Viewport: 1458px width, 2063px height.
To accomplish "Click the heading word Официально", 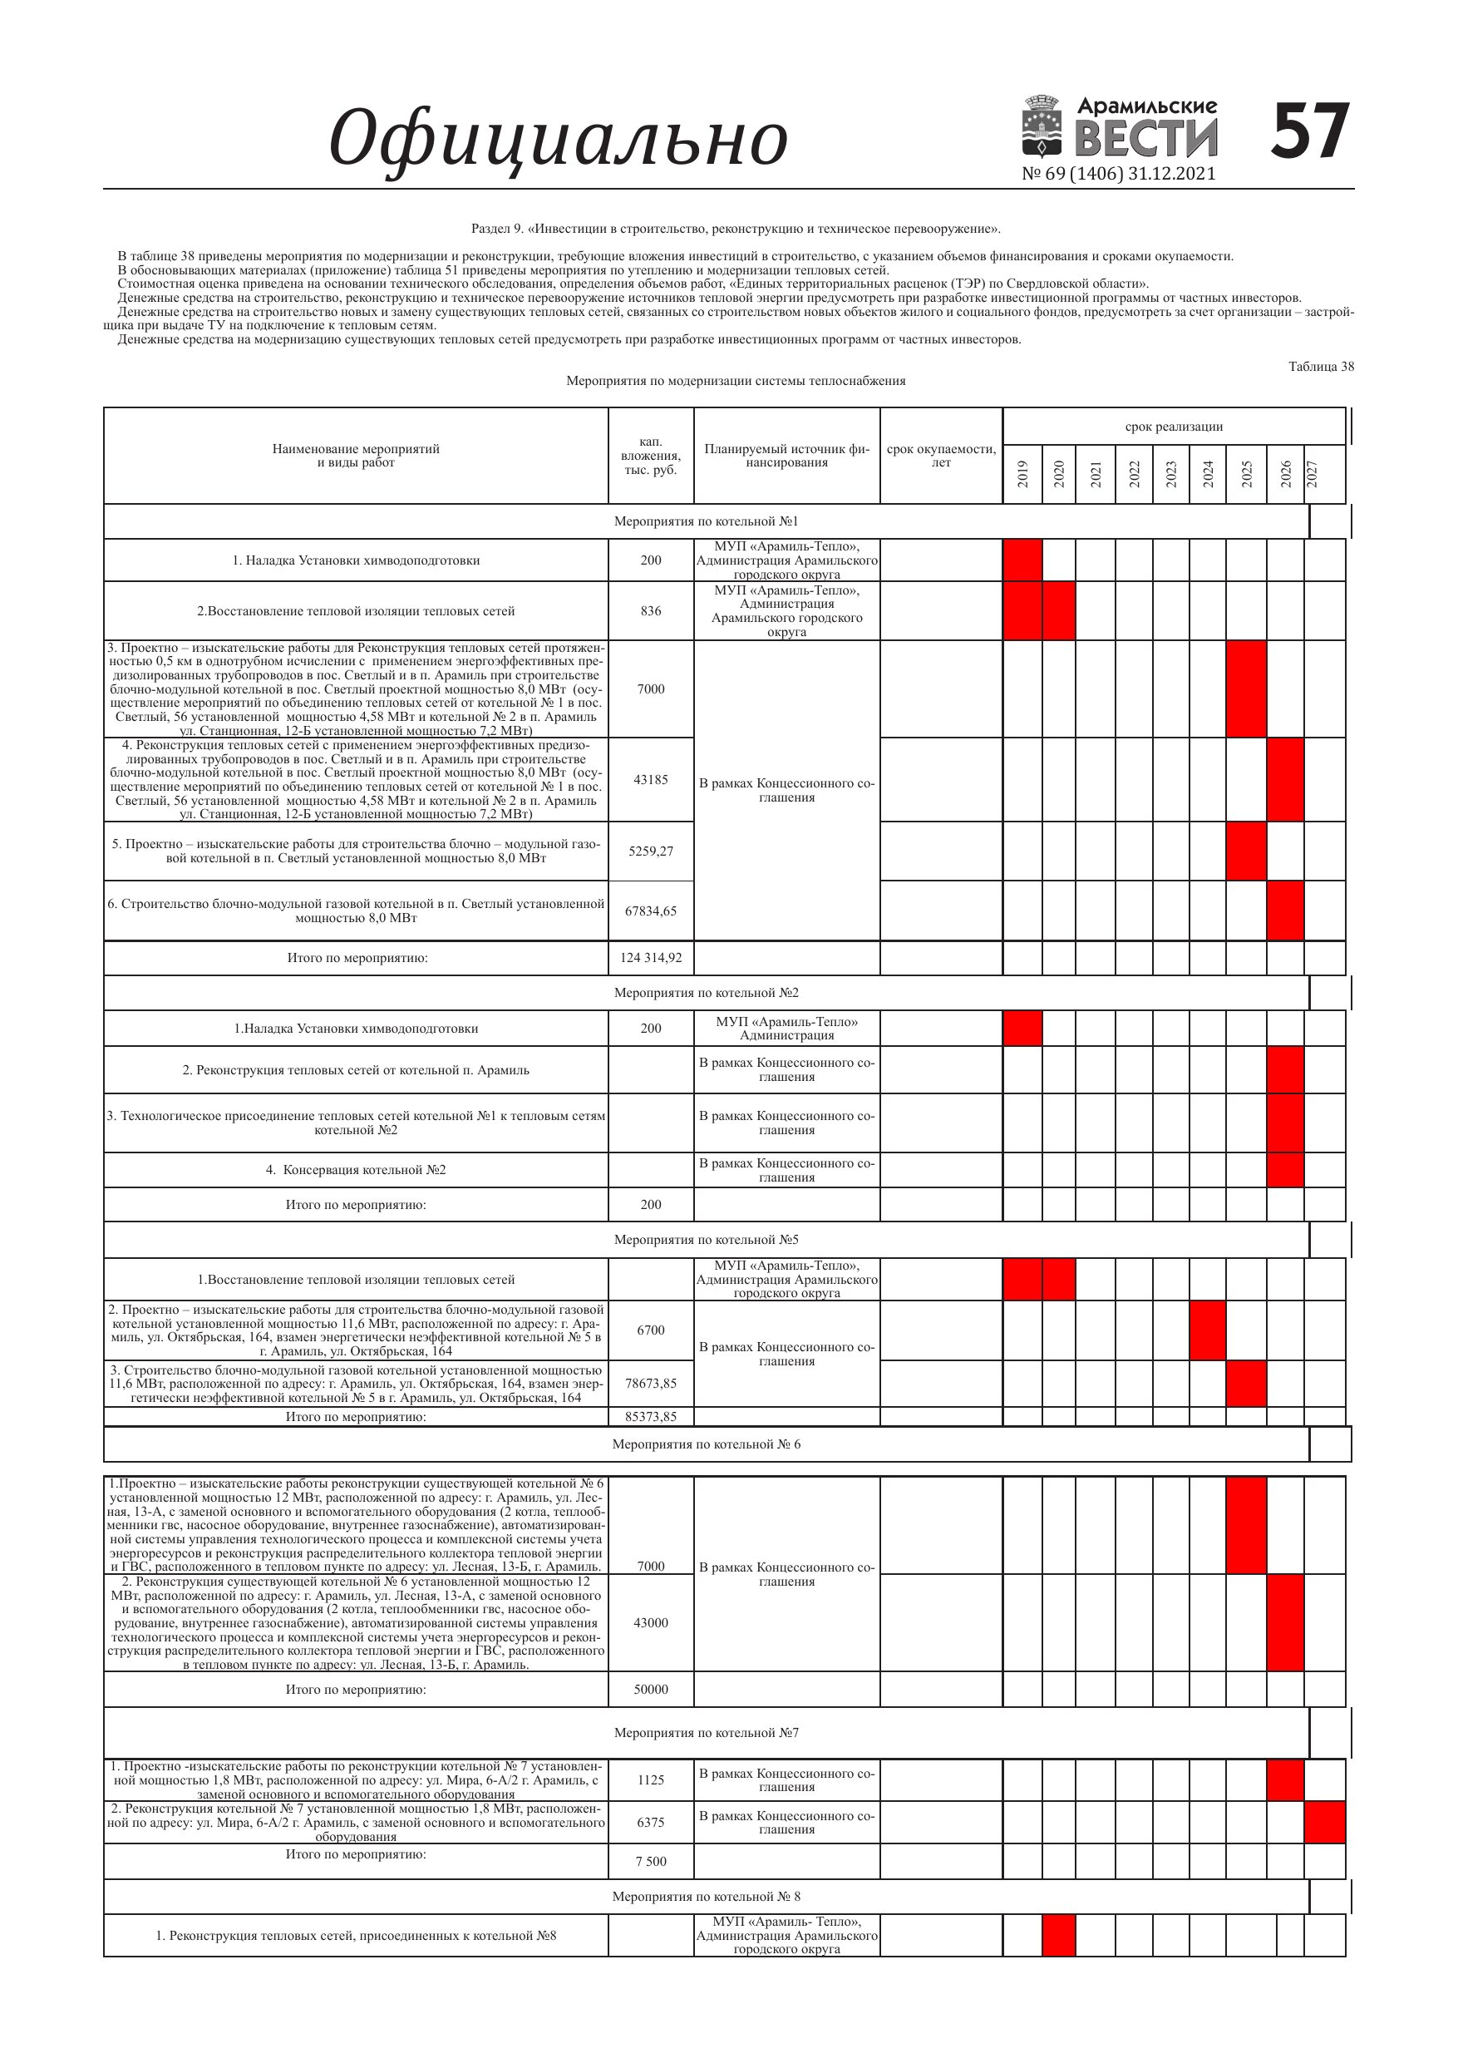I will point(558,139).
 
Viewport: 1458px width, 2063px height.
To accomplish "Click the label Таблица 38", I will point(1321,367).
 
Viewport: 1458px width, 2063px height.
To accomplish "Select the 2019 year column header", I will point(1022,473).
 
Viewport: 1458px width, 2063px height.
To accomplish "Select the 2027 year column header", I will point(1312,473).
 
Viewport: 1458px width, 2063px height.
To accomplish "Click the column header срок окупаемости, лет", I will point(941,456).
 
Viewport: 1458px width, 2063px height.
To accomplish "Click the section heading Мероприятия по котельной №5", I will point(706,1240).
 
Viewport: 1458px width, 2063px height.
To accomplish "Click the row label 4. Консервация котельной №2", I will point(356,1170).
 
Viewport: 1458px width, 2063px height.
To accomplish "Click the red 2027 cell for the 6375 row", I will point(1324,1822).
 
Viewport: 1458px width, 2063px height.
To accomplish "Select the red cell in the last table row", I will point(1058,1936).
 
